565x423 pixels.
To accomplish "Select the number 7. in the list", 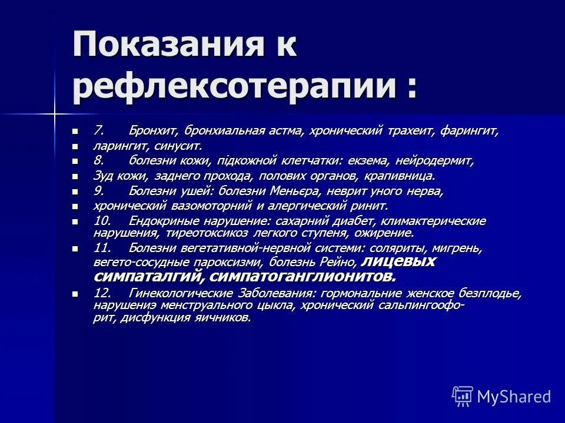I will point(99,130).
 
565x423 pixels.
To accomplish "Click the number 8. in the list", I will point(99,160).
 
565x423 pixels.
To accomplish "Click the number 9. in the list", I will point(99,191).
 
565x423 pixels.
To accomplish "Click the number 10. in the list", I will point(102,221).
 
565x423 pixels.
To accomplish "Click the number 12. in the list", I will point(102,293).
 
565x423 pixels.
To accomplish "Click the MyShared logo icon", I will point(463,395).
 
